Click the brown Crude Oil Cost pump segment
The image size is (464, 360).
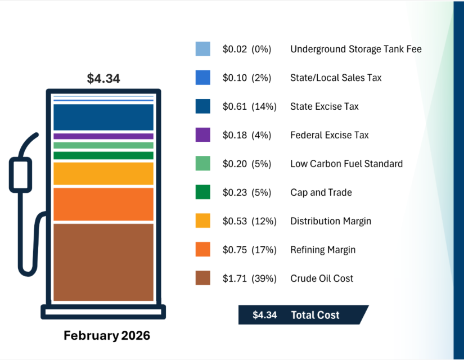click(x=103, y=262)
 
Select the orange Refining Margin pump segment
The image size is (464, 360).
click(x=103, y=204)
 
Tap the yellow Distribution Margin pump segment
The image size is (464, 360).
click(x=103, y=174)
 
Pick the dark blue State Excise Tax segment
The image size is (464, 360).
click(x=103, y=117)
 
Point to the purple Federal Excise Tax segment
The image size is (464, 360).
click(x=103, y=136)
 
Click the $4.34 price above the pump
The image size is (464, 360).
click(x=103, y=79)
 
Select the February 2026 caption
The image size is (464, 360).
click(x=107, y=336)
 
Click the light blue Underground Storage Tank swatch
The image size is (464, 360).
click(x=203, y=49)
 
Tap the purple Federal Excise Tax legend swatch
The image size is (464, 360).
click(x=203, y=135)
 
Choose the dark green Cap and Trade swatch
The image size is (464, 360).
click(x=203, y=192)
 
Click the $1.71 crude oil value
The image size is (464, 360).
click(x=235, y=278)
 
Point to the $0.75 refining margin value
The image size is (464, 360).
click(x=235, y=250)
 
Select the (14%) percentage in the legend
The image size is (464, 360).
click(x=264, y=106)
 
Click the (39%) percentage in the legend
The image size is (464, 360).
click(x=264, y=278)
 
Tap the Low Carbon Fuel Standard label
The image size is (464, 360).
click(x=346, y=164)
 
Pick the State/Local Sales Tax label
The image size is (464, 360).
click(x=336, y=78)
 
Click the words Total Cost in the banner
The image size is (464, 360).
click(x=315, y=315)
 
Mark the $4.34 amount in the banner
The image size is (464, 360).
click(x=264, y=315)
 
